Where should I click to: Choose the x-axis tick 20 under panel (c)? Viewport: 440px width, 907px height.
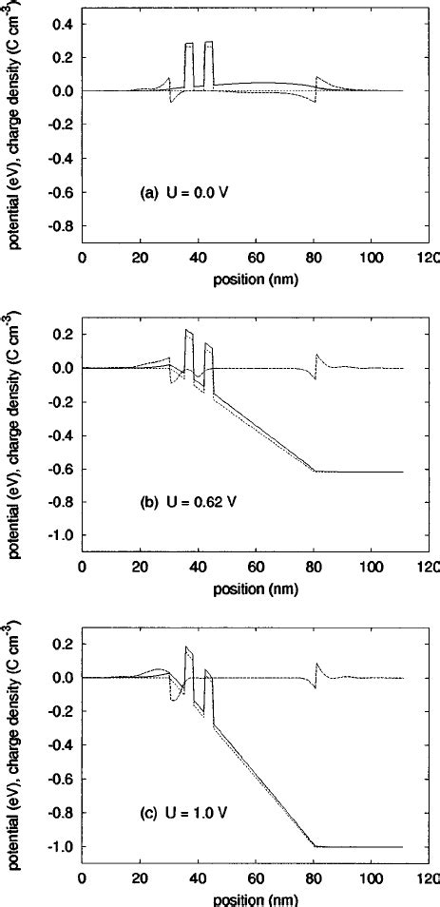140,880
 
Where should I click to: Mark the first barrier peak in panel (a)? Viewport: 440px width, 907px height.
189,44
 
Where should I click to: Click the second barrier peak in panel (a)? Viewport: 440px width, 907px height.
209,42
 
